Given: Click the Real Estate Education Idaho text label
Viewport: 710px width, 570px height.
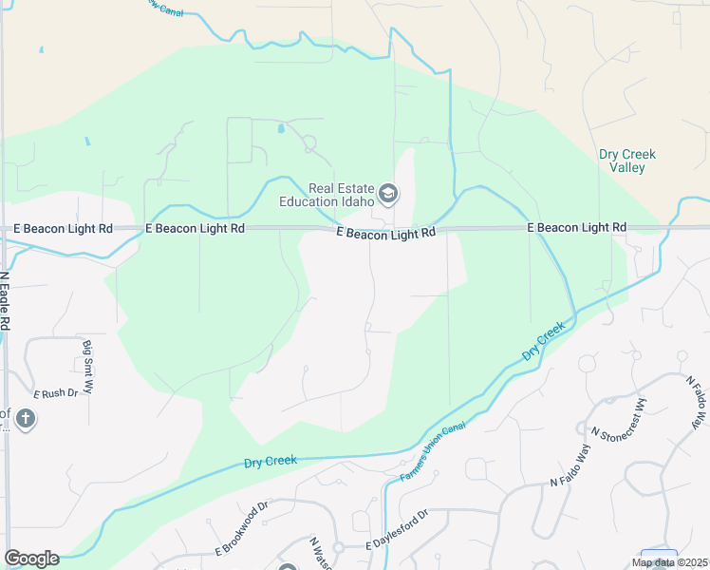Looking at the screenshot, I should point(327,194).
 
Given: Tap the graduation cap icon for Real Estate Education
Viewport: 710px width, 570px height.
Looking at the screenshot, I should point(387,195).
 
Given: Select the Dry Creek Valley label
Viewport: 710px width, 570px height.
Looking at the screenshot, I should point(627,161).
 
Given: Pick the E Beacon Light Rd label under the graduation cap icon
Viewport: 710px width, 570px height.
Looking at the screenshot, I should point(387,232).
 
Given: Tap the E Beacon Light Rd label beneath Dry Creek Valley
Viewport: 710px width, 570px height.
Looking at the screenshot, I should point(577,228).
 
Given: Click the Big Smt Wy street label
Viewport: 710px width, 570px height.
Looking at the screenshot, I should point(87,367).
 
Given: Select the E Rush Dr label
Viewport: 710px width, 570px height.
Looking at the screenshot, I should point(54,393).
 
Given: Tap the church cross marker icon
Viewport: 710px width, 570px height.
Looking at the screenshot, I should point(25,418).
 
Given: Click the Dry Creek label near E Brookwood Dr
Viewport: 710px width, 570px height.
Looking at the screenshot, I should point(271,461).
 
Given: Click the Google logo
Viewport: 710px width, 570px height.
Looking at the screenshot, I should point(31,559).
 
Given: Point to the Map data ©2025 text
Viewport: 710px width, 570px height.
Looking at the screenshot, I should point(669,562).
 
